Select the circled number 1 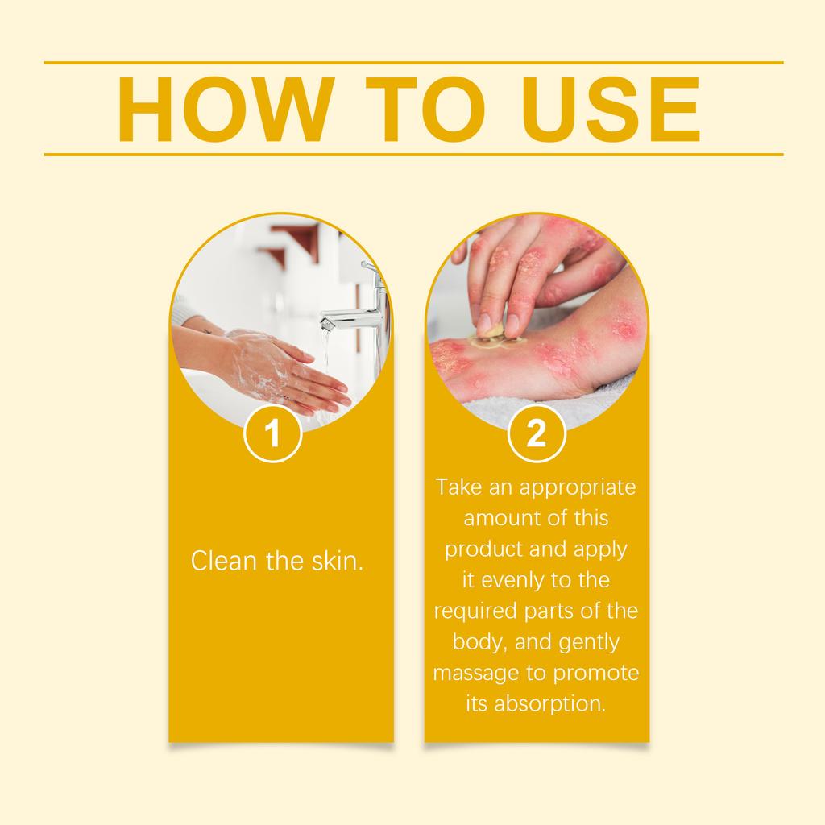tap(272, 434)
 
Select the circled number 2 tap(537, 434)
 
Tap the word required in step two tap(472, 611)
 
